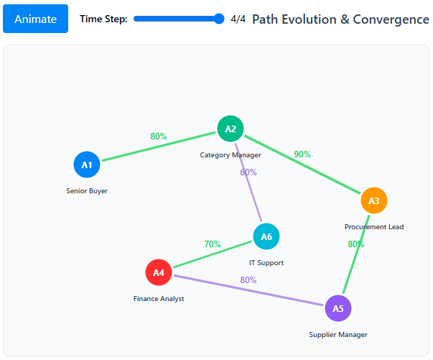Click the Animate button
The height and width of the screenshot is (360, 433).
[x=35, y=19]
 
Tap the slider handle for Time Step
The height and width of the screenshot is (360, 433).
[x=220, y=19]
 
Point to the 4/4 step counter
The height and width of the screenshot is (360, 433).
[x=238, y=19]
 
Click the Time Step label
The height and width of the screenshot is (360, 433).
[x=103, y=19]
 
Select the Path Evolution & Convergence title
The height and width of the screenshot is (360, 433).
[x=340, y=19]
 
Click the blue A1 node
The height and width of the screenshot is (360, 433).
[x=87, y=165]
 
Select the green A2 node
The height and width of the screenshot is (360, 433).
[x=231, y=129]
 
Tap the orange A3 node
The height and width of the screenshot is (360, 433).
[x=374, y=200]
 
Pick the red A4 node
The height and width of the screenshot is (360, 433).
[x=159, y=272]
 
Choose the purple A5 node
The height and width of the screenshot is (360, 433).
[x=338, y=308]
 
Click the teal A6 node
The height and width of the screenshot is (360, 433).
[x=266, y=236]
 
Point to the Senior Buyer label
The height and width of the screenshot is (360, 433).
[x=87, y=191]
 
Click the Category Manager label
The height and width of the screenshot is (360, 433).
[x=231, y=154]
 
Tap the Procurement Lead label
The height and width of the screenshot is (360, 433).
[x=374, y=227]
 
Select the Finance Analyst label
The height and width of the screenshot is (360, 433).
[x=159, y=299]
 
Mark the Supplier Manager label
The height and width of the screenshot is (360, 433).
[x=338, y=335]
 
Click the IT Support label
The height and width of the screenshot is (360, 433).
[x=266, y=263]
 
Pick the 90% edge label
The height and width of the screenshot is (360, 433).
[x=302, y=154]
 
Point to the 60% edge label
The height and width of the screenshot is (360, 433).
[x=248, y=172]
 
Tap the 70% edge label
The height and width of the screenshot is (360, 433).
[x=213, y=244]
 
